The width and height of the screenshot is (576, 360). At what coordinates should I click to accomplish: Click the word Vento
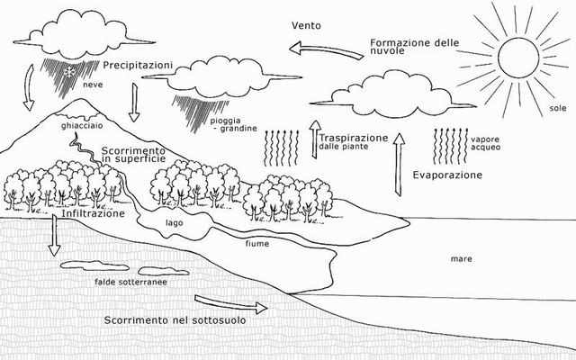tap(306, 25)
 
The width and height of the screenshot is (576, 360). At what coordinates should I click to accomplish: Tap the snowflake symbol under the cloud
tap(68, 71)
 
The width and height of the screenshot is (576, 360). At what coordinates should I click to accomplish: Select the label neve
tap(93, 85)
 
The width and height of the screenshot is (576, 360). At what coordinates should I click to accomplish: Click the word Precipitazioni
tap(138, 66)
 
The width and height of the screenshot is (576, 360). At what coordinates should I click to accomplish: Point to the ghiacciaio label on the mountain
tap(82, 126)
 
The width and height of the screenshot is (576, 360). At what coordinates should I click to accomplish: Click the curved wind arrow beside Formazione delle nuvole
tap(326, 50)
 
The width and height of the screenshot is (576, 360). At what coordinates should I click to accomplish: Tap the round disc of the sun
tap(518, 57)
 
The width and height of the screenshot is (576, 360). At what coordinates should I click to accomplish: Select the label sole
tap(558, 108)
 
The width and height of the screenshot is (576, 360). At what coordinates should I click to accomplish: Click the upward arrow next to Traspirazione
tap(314, 139)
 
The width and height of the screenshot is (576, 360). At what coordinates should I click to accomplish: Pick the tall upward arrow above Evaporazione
tap(399, 164)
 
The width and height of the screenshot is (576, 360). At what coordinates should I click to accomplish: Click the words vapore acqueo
tap(485, 143)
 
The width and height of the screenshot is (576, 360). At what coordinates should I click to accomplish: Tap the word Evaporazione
tap(447, 175)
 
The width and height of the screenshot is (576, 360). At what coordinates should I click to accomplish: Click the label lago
tap(174, 222)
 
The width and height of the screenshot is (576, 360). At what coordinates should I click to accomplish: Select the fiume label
tap(257, 244)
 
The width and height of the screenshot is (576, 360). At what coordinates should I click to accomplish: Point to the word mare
tap(461, 259)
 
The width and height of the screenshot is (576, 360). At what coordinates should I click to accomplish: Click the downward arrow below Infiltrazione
tap(54, 236)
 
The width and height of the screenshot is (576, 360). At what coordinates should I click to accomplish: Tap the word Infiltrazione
tap(93, 213)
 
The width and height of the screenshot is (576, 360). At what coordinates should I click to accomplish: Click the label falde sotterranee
tap(130, 282)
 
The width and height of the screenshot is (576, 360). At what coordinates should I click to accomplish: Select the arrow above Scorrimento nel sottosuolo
tap(230, 304)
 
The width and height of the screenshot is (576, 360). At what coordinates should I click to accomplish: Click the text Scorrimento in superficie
tap(133, 155)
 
